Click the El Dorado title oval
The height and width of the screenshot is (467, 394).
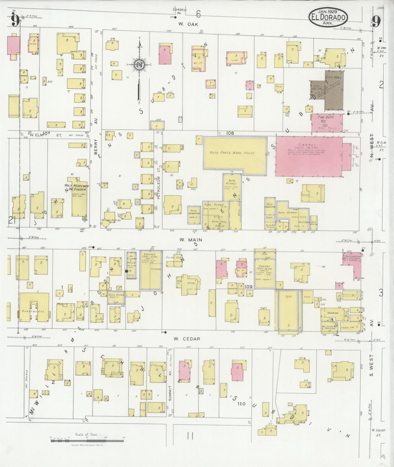coord(328,17)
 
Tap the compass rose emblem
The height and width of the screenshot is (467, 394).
coord(139,64)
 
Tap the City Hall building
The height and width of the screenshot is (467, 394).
coord(333,90)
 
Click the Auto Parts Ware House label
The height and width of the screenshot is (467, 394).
coord(232,153)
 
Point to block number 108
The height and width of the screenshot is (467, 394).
coord(230,133)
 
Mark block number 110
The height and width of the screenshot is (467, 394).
coord(241,404)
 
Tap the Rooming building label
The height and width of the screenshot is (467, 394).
coord(333,313)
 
